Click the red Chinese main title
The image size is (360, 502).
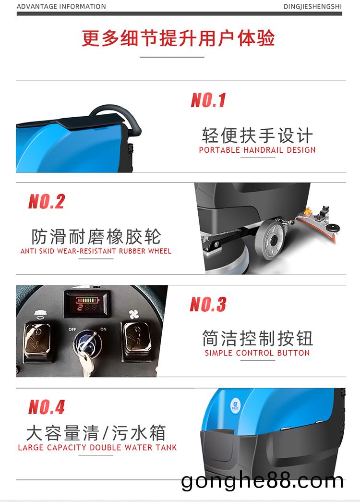pos(178,38)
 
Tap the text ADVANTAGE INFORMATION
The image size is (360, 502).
pos(61,6)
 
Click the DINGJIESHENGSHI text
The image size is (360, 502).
pos(312,6)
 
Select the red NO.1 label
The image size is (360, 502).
pos(208,100)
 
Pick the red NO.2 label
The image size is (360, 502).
pos(47,202)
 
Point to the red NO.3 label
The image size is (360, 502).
pos(208,304)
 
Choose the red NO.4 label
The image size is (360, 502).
pos(47,407)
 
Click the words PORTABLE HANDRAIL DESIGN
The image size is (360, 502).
pos(257,150)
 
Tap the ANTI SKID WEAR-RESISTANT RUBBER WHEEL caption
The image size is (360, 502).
pos(96,251)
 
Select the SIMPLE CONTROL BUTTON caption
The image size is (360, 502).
pos(257,353)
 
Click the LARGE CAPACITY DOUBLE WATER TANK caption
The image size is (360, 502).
pos(97,447)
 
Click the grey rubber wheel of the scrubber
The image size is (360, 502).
pos(271,240)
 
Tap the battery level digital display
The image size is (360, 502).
pos(87,304)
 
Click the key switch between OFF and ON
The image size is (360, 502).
pos(86,343)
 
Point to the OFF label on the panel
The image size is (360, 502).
pos(72,329)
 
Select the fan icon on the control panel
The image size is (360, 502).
pos(134,315)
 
